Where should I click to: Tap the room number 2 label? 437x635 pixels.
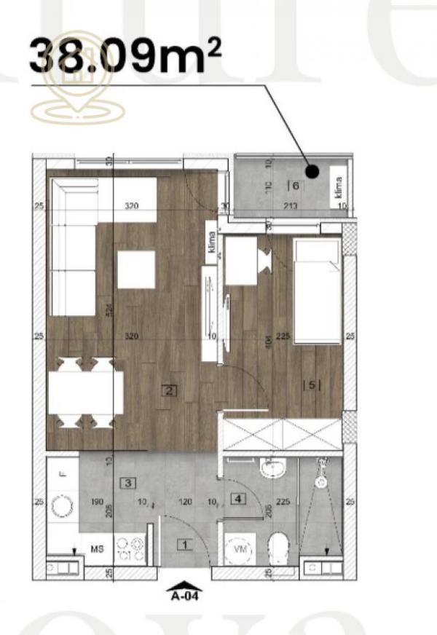click(x=169, y=390)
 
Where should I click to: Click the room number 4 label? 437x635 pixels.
click(x=236, y=499)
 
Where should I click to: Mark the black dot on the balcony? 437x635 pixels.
click(x=312, y=173)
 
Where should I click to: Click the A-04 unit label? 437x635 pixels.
click(x=186, y=593)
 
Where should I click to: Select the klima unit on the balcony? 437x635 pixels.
click(x=337, y=187)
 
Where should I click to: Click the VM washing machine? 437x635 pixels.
click(x=240, y=551)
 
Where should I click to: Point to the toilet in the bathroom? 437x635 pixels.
click(x=277, y=547)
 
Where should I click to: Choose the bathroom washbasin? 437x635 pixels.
click(x=272, y=468)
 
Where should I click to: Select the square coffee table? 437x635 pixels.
click(x=136, y=269)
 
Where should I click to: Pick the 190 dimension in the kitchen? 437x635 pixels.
click(x=96, y=502)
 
